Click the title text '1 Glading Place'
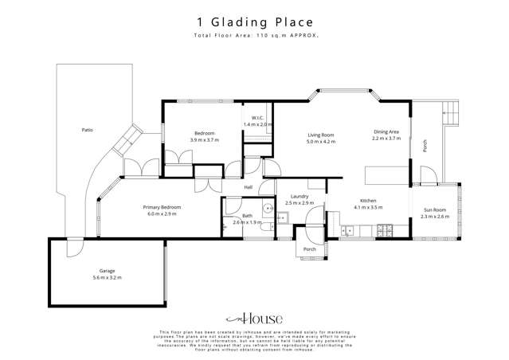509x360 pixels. coord(254,22)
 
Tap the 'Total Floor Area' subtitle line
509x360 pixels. coord(254,37)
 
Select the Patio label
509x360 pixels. coord(87,128)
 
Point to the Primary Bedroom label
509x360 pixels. coord(162,207)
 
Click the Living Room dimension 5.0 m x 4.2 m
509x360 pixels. coord(321,142)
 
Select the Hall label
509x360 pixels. coord(248,187)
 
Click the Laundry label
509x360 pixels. coord(300,197)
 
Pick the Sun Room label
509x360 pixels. coord(435,209)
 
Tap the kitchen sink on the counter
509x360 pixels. coord(348,232)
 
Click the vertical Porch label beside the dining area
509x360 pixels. coord(425,146)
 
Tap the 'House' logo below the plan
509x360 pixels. coord(254,316)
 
